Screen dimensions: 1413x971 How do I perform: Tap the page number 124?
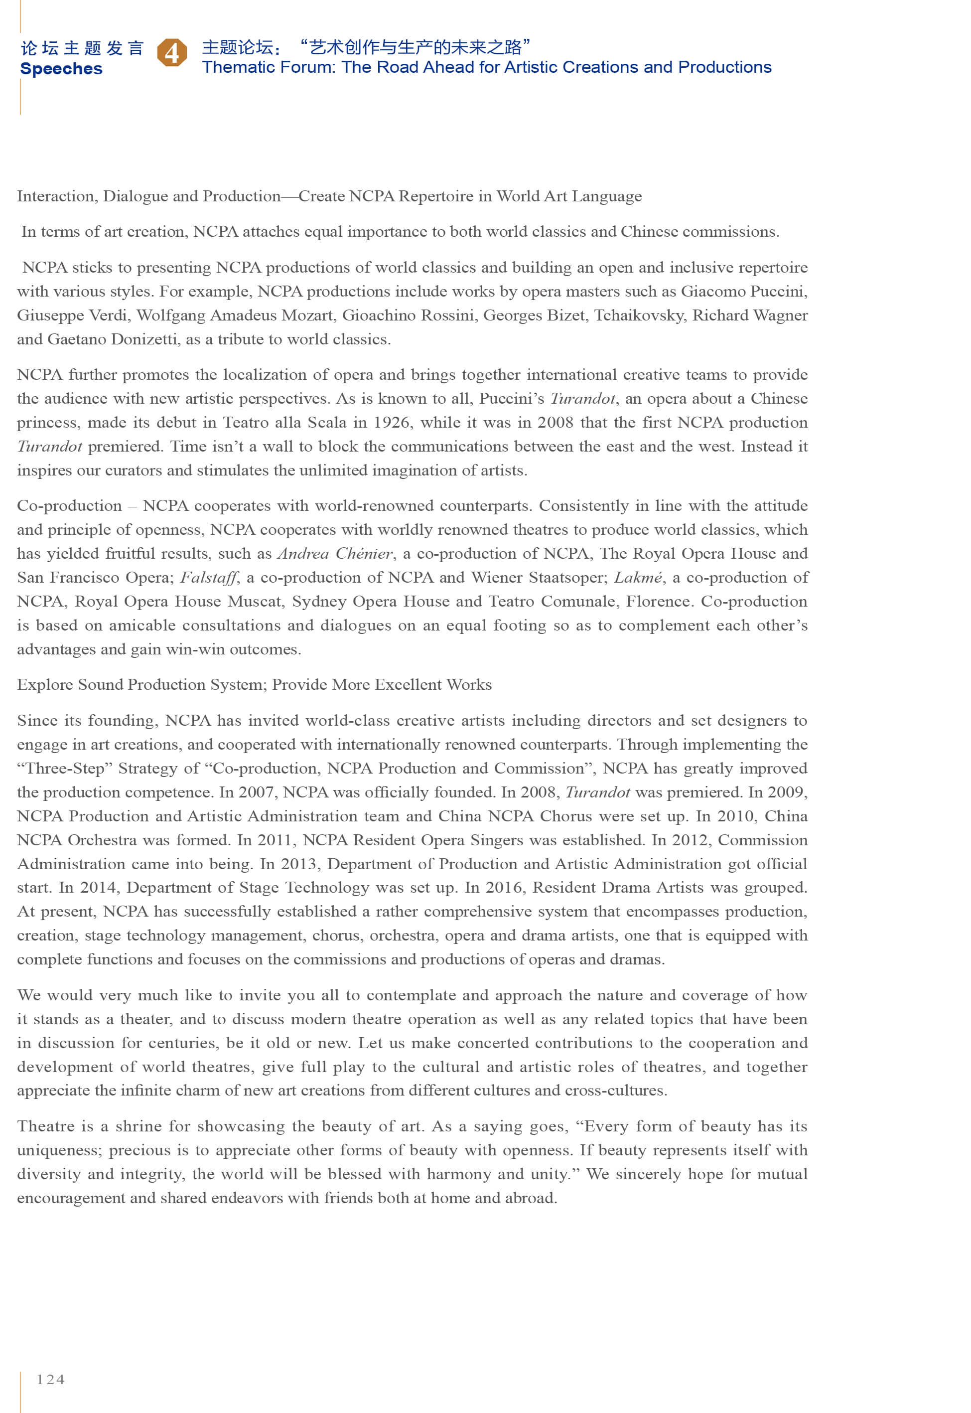coord(50,1379)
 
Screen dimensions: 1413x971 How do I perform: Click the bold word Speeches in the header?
coord(61,69)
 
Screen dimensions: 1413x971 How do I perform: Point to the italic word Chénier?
coord(364,554)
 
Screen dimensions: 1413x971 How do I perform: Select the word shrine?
coord(138,1126)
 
